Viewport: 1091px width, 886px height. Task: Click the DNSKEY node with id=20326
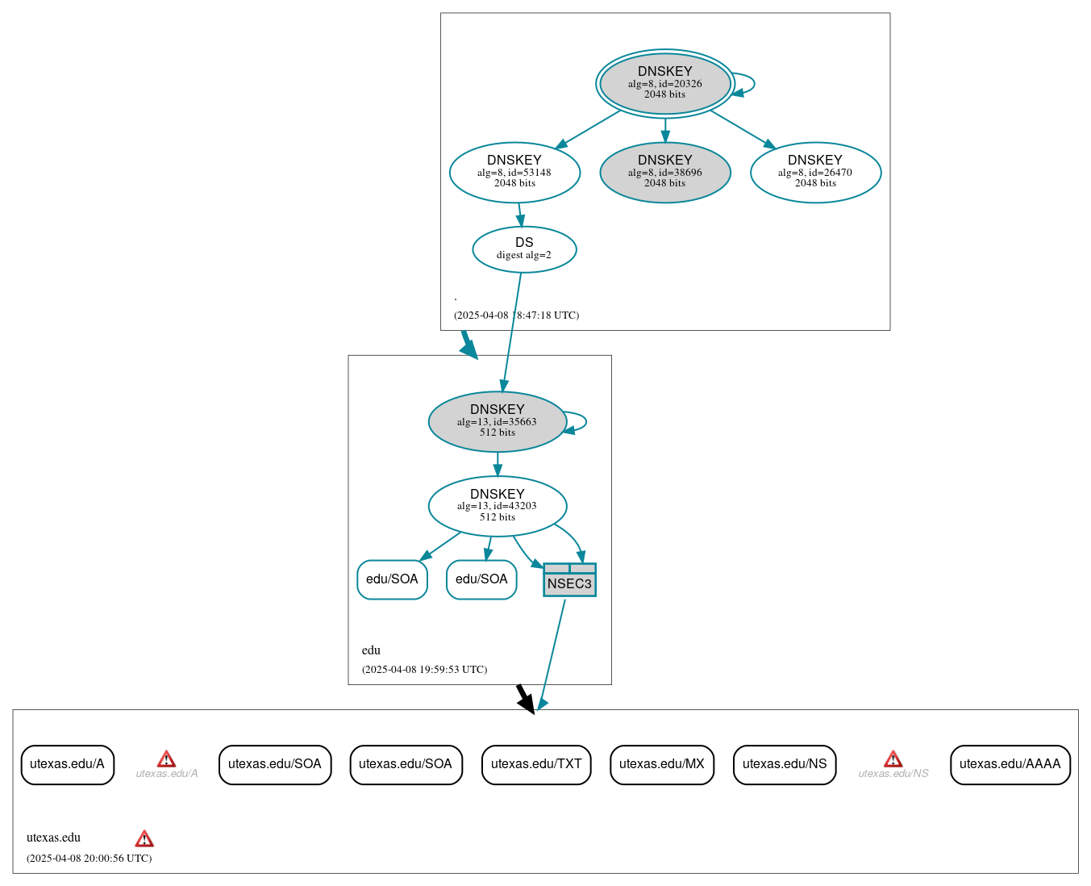pyautogui.click(x=664, y=83)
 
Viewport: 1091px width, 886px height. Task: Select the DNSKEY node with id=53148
pyautogui.click(x=514, y=172)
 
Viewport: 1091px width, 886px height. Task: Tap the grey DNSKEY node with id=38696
pyautogui.click(x=664, y=172)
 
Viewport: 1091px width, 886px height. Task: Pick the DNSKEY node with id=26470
pyautogui.click(x=815, y=172)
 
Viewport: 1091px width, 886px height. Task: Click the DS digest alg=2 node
pyautogui.click(x=524, y=249)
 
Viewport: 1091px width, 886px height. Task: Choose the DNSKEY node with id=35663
pyautogui.click(x=497, y=421)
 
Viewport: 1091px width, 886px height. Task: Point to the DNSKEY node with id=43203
pyautogui.click(x=497, y=506)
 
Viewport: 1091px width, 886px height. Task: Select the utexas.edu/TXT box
pyautogui.click(x=536, y=764)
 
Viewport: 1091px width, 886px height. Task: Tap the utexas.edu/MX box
pyautogui.click(x=662, y=764)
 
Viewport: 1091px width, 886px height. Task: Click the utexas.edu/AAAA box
pyautogui.click(x=1010, y=764)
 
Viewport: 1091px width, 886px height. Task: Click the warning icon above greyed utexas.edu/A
pyautogui.click(x=166, y=759)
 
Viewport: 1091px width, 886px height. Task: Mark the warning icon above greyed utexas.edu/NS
pyautogui.click(x=893, y=759)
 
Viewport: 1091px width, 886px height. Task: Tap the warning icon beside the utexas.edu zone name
pyautogui.click(x=144, y=838)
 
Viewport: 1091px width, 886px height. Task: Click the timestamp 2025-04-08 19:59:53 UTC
pyautogui.click(x=424, y=670)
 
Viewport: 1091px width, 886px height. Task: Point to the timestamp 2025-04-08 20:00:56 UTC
pyautogui.click(x=89, y=859)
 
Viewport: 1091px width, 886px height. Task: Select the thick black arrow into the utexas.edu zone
pyautogui.click(x=525, y=699)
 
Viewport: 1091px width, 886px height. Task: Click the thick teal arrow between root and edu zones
pyautogui.click(x=468, y=345)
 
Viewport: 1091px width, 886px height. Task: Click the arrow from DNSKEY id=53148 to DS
pyautogui.click(x=520, y=215)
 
